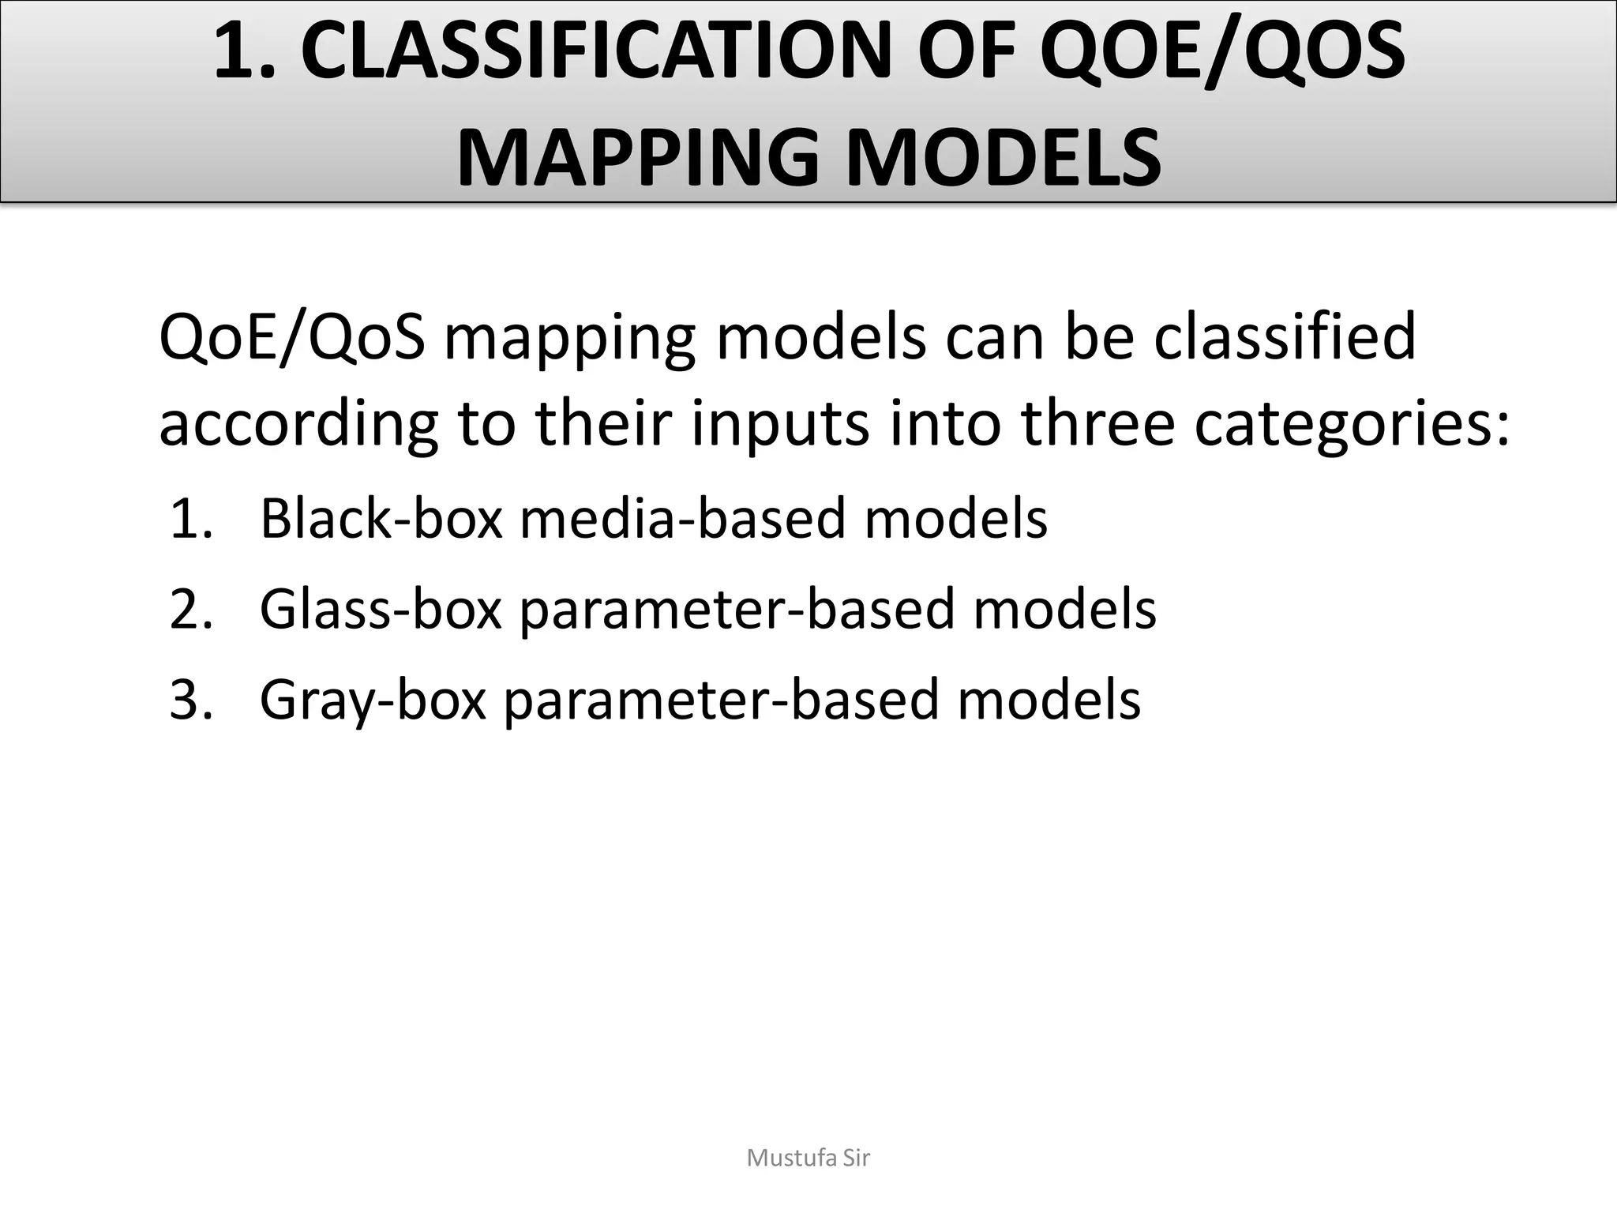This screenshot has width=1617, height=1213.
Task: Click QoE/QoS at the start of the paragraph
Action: pos(292,338)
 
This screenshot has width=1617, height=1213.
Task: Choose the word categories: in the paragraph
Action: pos(1352,425)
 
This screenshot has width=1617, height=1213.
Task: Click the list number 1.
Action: pos(190,520)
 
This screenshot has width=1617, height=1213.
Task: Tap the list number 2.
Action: pos(190,610)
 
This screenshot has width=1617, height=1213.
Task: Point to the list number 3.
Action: pos(190,700)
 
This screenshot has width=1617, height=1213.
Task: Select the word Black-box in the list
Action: pos(381,520)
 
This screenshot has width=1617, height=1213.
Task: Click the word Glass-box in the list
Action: pos(381,610)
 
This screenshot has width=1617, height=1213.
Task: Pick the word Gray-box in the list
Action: pos(373,700)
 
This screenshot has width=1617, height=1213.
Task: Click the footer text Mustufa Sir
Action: pos(808,1159)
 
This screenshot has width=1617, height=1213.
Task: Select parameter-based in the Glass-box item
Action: pos(737,610)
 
